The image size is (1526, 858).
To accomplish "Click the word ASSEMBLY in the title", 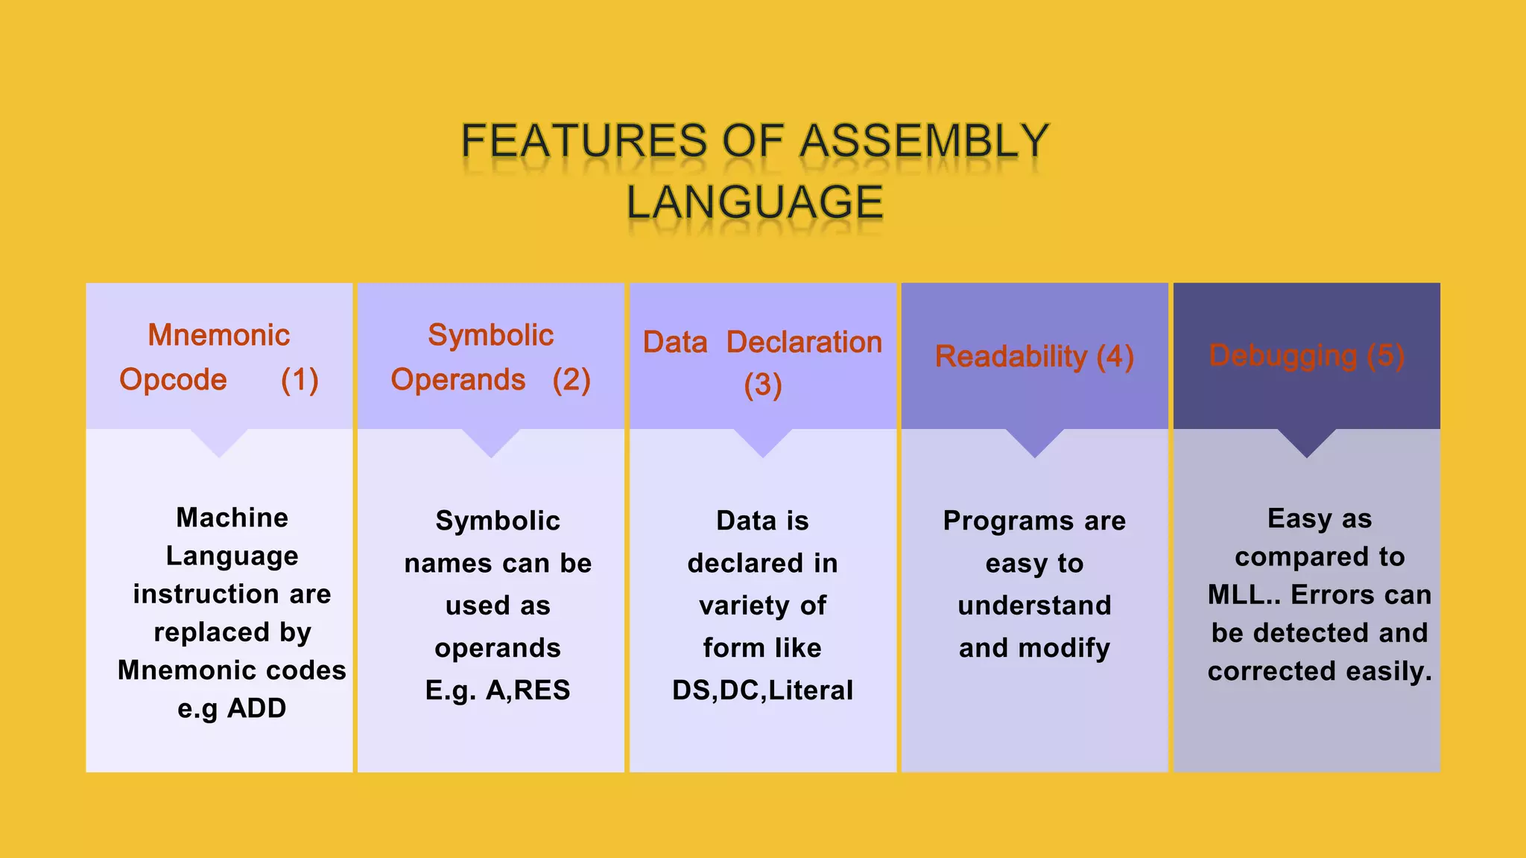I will [x=924, y=141].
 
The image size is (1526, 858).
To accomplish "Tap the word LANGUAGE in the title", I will [x=755, y=202].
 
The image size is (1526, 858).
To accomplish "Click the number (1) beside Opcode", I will [x=300, y=380].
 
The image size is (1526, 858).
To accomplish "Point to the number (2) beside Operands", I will [x=572, y=380].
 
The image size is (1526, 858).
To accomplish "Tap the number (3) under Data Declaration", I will [x=763, y=385].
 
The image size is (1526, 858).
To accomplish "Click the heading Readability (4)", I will [x=1034, y=356].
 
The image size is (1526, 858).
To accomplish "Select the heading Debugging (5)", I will [x=1306, y=355].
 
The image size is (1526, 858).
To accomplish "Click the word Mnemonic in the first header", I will [x=218, y=335].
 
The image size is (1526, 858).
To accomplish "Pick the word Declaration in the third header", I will [x=804, y=342].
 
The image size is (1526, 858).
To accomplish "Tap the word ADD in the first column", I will [x=256, y=708].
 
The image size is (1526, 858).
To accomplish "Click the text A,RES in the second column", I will [x=528, y=690].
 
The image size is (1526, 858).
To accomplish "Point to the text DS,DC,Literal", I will [x=762, y=690].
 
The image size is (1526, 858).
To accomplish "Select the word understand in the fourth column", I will [x=1034, y=606].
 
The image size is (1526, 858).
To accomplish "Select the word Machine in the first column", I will [x=232, y=518].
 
